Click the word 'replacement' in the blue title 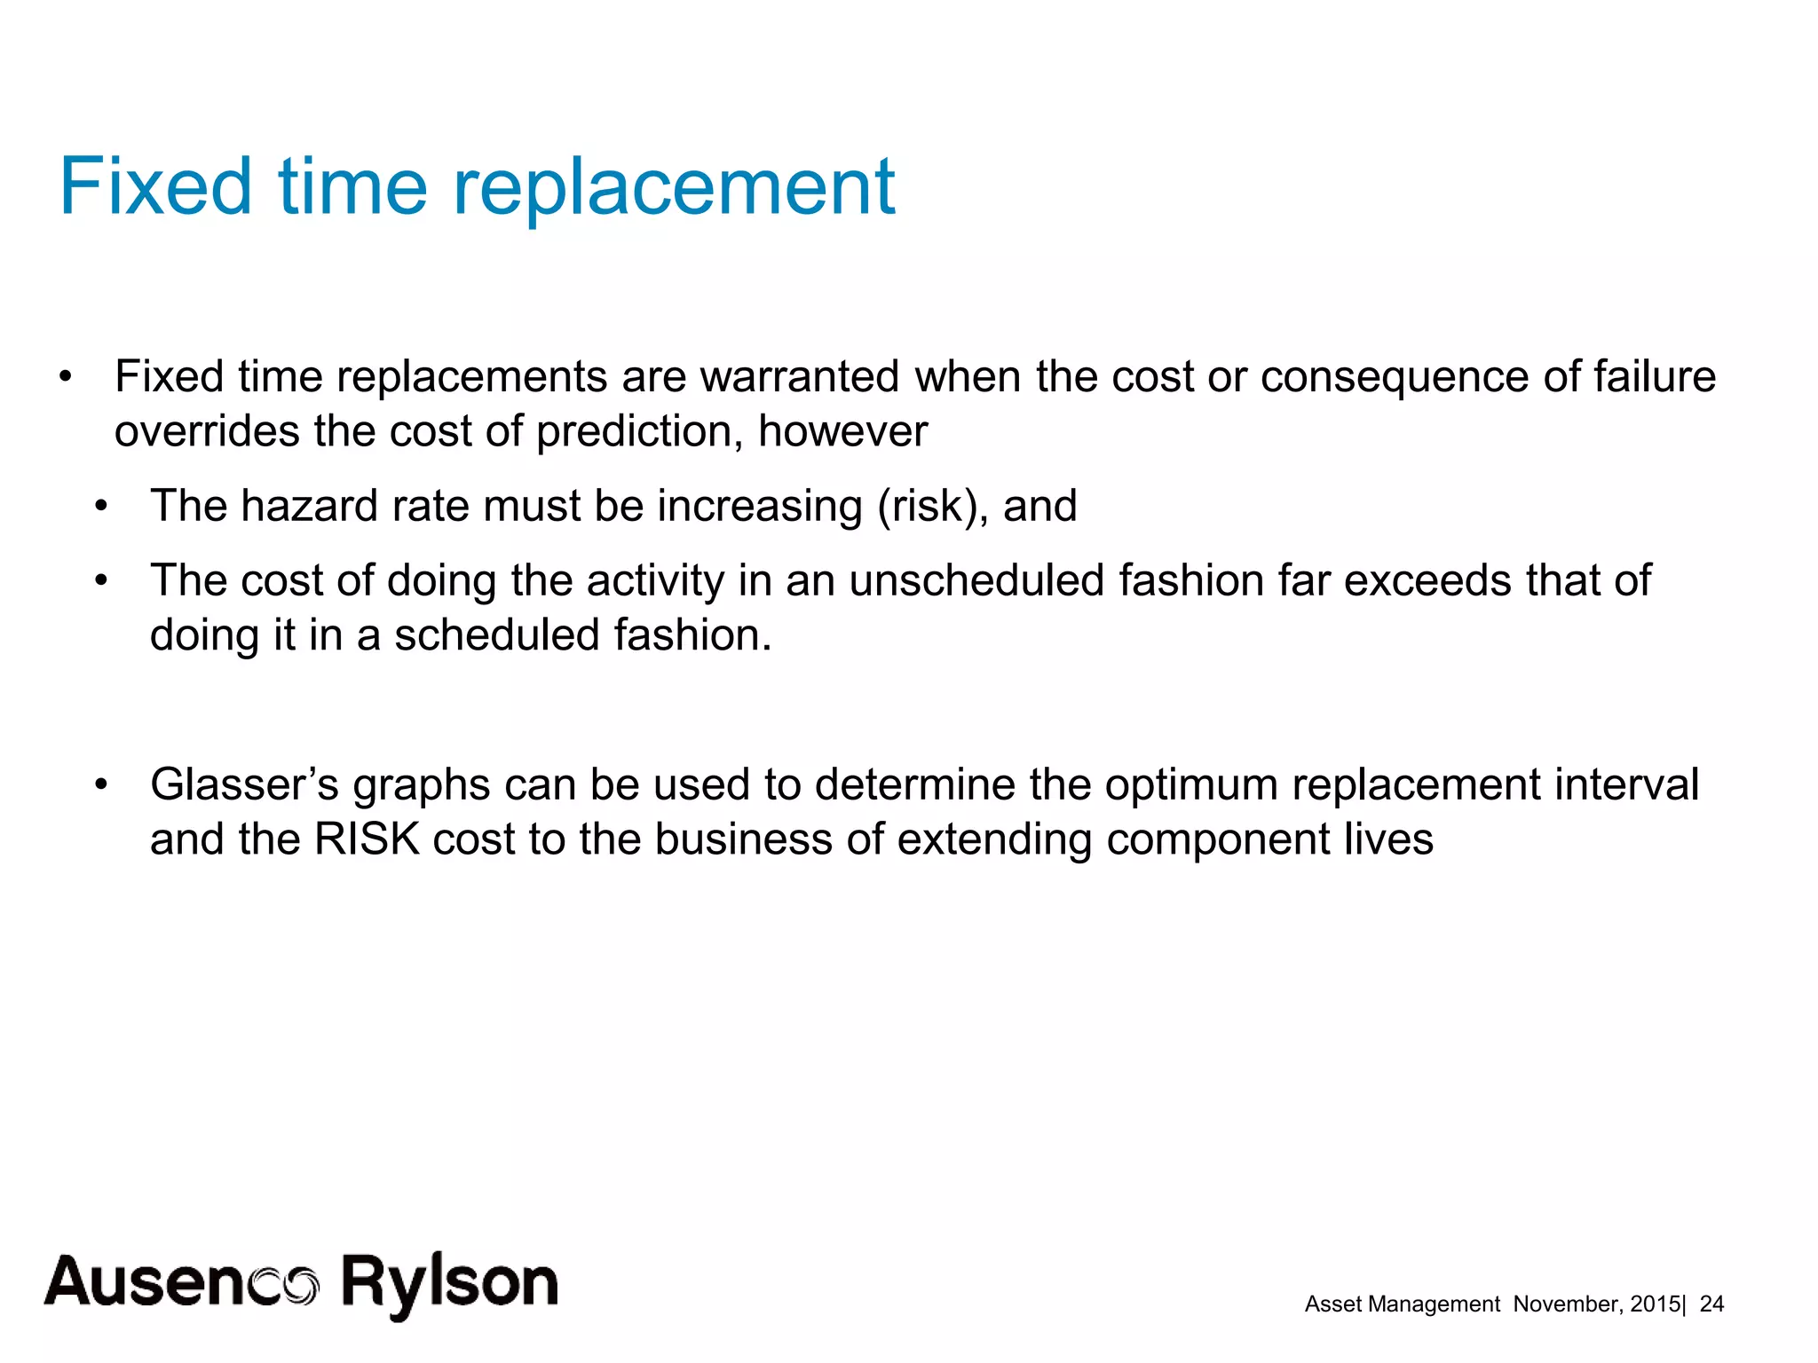coord(674,188)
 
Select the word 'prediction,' coord(639,432)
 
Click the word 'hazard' coord(309,507)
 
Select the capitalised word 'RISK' coord(367,840)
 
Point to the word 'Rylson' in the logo coord(449,1283)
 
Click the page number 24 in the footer coord(1711,1304)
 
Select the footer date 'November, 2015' coord(1596,1304)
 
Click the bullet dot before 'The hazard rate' coord(101,507)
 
